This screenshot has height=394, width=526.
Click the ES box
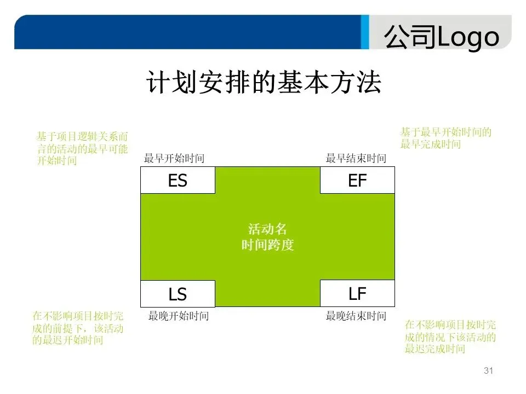point(178,181)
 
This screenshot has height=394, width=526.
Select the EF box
point(357,181)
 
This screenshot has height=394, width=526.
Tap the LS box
point(178,294)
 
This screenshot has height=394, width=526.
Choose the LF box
point(357,293)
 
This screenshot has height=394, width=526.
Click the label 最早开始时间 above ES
point(174,159)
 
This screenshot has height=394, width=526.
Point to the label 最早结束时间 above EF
point(356,159)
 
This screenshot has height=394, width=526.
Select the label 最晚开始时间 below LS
point(179,316)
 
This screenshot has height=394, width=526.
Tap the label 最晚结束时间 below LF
point(356,316)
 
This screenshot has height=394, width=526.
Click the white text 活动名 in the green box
point(267,229)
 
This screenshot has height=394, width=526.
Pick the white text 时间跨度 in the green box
point(267,245)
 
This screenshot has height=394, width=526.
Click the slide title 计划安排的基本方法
point(264,83)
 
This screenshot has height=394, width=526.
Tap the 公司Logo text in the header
point(442,37)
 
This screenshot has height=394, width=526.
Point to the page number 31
point(489,371)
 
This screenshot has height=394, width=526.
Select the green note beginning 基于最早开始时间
point(445,138)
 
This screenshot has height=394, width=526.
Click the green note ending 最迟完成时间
point(450,337)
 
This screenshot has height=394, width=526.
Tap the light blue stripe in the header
point(365,32)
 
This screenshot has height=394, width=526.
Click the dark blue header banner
point(186,32)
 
